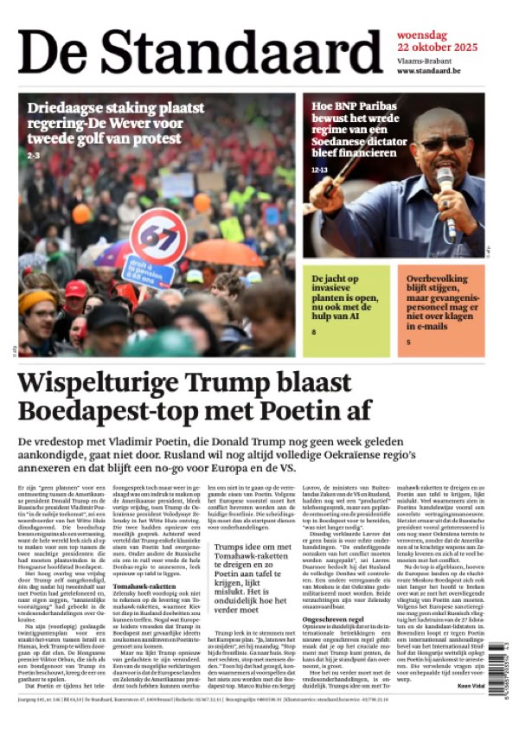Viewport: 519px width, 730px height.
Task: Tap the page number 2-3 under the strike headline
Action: click(34, 155)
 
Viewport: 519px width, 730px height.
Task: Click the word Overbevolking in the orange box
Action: click(439, 279)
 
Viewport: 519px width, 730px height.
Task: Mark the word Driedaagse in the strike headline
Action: click(65, 109)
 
